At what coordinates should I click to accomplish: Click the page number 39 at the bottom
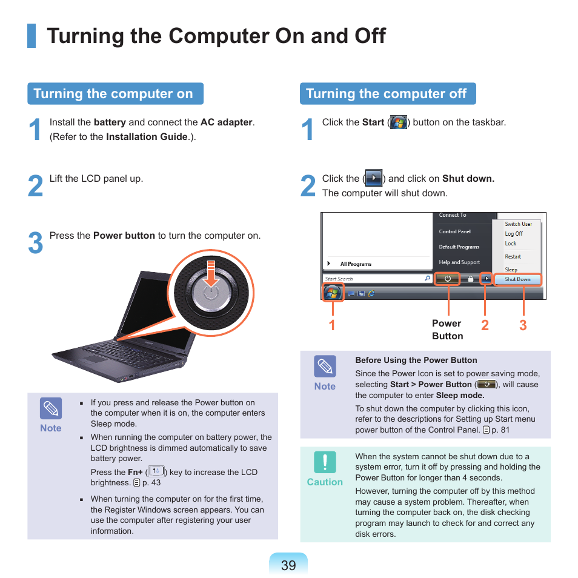288,565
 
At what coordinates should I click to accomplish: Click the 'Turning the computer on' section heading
113,94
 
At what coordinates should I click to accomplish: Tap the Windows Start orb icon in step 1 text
398,122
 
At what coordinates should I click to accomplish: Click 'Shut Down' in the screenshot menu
517,279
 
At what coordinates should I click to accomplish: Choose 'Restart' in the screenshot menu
513,256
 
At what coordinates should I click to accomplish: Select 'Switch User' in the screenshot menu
518,224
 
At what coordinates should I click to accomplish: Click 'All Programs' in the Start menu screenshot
356,264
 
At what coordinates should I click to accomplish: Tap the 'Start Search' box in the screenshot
373,279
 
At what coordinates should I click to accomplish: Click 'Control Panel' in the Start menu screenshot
454,231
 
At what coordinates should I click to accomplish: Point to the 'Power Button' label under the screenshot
447,330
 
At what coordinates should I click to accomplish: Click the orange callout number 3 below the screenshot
523,325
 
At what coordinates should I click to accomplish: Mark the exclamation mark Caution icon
325,462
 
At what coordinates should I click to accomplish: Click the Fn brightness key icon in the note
156,471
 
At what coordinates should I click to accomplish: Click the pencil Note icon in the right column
325,367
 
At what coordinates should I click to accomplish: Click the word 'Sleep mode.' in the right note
460,395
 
